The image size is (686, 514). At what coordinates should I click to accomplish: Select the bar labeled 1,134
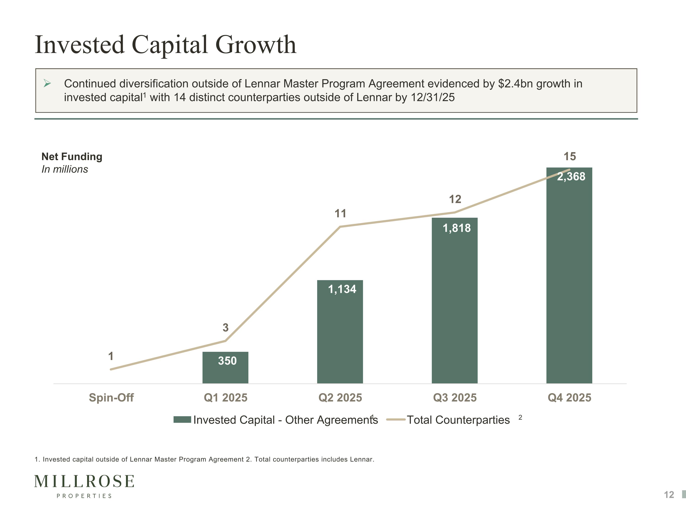tap(340, 332)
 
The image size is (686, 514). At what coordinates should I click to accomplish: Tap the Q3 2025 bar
tap(455, 301)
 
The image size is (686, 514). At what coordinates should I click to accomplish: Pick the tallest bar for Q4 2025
tap(569, 276)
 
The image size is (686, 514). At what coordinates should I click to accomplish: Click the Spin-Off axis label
tap(111, 397)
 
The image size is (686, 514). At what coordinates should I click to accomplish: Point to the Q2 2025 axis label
tap(340, 397)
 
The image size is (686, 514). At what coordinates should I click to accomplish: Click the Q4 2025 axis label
tap(569, 397)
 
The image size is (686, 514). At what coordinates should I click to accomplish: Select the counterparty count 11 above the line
tap(340, 213)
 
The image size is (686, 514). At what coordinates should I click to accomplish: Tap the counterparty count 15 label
tap(570, 156)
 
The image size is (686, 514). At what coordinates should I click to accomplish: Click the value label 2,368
tap(571, 177)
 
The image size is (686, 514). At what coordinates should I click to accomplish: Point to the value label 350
tap(227, 361)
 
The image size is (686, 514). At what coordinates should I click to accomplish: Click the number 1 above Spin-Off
tap(111, 356)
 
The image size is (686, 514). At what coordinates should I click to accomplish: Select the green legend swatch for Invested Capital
tap(182, 419)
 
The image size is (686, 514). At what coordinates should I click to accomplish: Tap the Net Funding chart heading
tap(72, 156)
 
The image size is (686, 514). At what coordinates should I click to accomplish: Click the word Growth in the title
tap(256, 45)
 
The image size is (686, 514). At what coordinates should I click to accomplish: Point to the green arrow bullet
tap(47, 83)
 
